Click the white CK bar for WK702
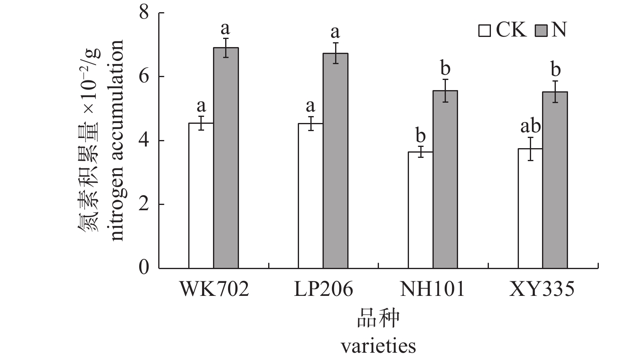201,196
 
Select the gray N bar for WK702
226,158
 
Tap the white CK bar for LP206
311,196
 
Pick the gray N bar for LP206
336,161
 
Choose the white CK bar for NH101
420,210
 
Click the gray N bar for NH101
445,179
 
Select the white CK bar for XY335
530,208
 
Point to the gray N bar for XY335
555,180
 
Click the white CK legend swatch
485,31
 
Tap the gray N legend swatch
542,31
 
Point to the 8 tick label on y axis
144,13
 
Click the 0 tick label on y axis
144,268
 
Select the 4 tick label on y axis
144,141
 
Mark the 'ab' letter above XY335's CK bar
531,127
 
